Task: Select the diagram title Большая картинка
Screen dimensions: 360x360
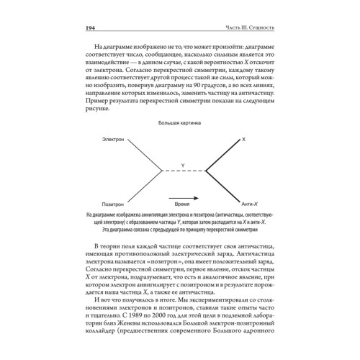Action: tap(179, 123)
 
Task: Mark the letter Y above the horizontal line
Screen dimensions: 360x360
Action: tap(181, 166)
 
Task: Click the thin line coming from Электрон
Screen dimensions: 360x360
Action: tap(135, 153)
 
